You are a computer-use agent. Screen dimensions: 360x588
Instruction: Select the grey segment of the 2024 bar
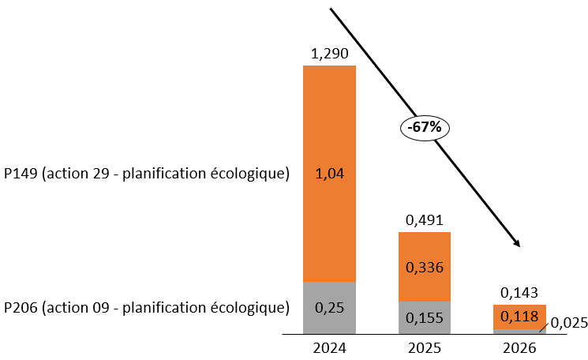330,296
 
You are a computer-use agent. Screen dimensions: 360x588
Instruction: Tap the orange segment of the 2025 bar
425,249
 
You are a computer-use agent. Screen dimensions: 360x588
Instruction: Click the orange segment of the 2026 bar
519,312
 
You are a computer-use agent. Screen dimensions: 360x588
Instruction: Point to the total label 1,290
330,54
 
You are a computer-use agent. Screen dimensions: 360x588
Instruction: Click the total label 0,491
425,220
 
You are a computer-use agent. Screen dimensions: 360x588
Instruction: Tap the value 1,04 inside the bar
330,173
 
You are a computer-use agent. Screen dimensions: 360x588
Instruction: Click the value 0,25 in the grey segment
330,307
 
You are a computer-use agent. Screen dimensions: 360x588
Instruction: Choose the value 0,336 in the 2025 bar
425,267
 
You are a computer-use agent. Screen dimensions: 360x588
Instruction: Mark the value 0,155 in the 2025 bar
425,319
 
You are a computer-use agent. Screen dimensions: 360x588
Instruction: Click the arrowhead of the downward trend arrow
517,243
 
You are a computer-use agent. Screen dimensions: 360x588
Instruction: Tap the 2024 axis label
330,347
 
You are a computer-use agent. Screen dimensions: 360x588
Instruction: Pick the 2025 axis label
425,347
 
